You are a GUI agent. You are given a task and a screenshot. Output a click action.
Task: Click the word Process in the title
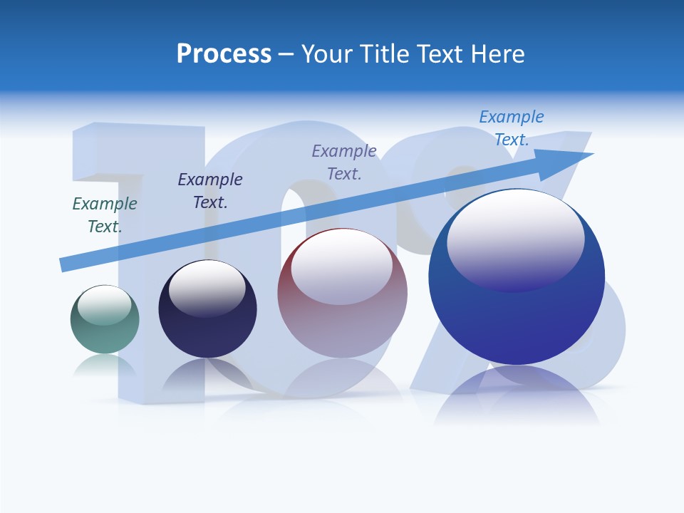[224, 54]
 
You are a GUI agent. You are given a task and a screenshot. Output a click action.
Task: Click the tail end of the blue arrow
[63, 265]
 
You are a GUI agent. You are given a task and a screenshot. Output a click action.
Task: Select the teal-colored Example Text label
[105, 214]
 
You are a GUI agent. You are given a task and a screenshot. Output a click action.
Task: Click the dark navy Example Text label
[210, 190]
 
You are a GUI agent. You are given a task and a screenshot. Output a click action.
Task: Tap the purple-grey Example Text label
[344, 162]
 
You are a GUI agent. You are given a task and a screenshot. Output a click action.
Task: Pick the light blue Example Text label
[512, 128]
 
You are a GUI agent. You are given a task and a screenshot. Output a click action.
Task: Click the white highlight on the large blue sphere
[515, 239]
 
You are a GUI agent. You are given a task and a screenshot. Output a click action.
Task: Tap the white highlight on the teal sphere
[105, 305]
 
